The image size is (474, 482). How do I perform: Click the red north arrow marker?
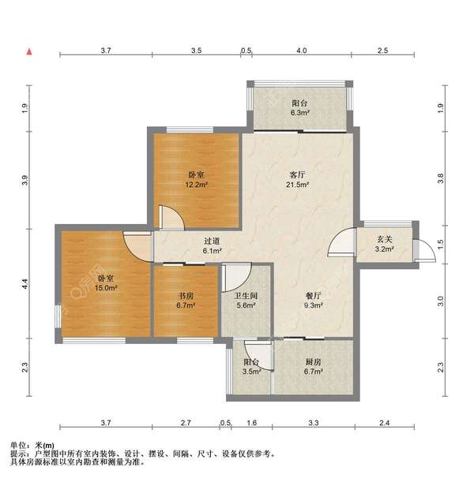[x=29, y=51]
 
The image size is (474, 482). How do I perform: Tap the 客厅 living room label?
[x=297, y=175]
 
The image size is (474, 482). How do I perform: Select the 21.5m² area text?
[x=297, y=185]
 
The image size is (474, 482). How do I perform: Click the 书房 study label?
[x=186, y=296]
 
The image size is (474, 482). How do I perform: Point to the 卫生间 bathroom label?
[x=246, y=296]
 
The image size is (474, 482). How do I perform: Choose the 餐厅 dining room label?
[x=314, y=296]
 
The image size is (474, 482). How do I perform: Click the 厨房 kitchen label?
[x=314, y=362]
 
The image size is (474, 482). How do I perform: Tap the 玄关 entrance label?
[x=385, y=239]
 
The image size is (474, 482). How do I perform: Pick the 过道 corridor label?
[x=212, y=241]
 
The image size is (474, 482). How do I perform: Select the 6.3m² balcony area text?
[x=300, y=113]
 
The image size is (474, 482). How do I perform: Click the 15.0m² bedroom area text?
[x=106, y=288]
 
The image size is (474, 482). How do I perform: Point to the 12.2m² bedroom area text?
[x=196, y=185]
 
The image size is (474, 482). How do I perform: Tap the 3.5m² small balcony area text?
[x=252, y=372]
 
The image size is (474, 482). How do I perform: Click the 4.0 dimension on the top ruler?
[x=302, y=50]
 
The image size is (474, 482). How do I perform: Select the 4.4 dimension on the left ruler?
[x=25, y=284]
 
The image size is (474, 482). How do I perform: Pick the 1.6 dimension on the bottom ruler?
[x=252, y=423]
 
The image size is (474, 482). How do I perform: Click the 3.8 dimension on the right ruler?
[x=441, y=178]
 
